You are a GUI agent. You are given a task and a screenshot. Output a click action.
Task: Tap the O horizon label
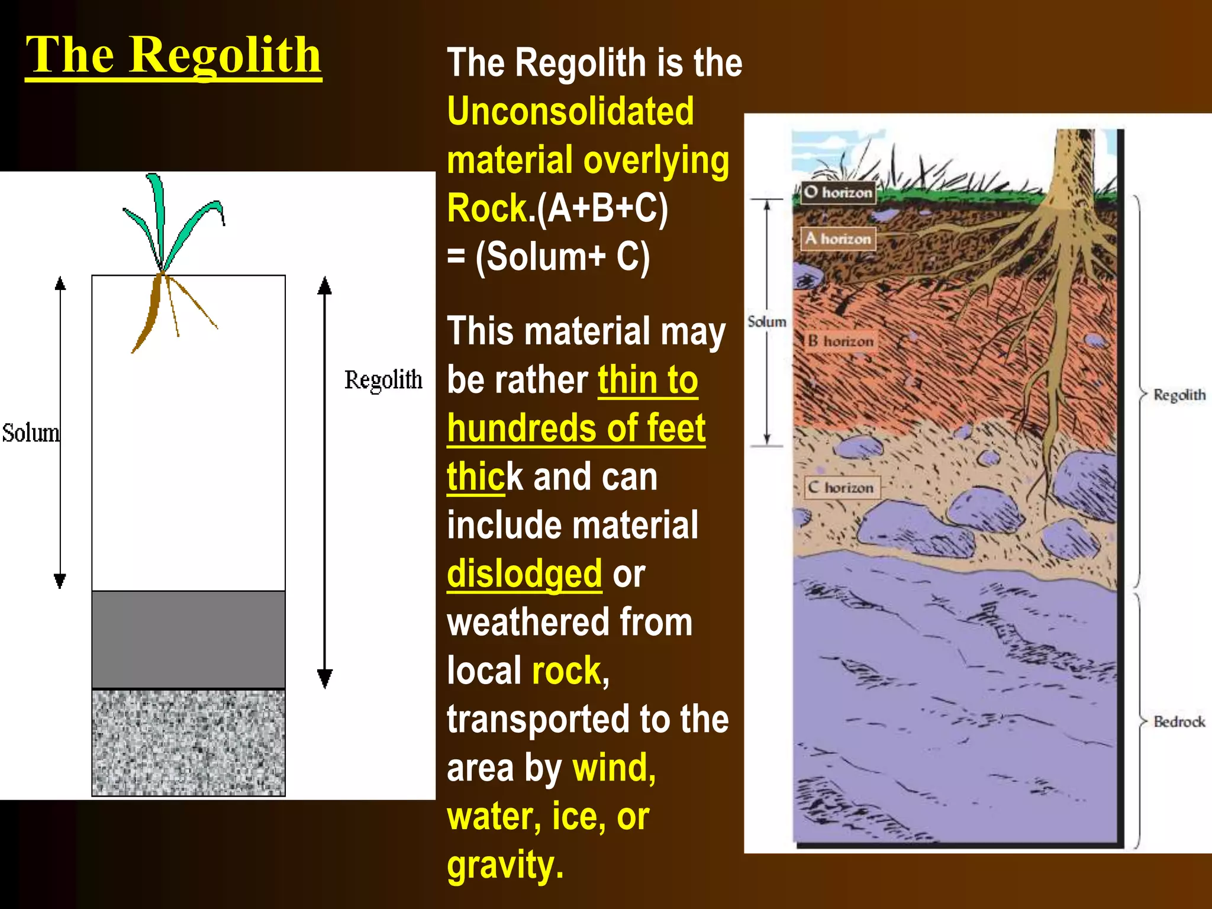pos(838,192)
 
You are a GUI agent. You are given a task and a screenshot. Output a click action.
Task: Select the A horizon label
pos(838,238)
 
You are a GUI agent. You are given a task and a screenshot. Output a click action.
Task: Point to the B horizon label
pos(841,341)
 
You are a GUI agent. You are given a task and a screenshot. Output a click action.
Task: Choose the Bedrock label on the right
pos(1179,721)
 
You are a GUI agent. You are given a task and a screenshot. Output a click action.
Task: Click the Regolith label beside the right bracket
pos(1179,395)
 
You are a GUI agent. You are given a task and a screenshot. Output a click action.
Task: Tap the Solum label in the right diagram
pos(766,321)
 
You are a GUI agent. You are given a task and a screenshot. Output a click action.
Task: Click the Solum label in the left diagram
pos(31,433)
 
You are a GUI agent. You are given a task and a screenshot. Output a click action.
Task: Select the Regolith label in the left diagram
pos(383,380)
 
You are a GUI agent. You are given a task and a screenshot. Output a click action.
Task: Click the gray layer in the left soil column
pos(188,639)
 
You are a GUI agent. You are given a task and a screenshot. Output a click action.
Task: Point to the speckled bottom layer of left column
pos(188,743)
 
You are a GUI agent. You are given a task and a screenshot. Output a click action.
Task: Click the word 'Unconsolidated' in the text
pos(570,111)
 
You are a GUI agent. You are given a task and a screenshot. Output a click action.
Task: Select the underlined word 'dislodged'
pos(524,573)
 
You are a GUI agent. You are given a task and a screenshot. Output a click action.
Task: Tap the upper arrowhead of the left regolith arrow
pos(324,286)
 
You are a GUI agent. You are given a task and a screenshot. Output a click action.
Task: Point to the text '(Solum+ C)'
pos(562,257)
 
